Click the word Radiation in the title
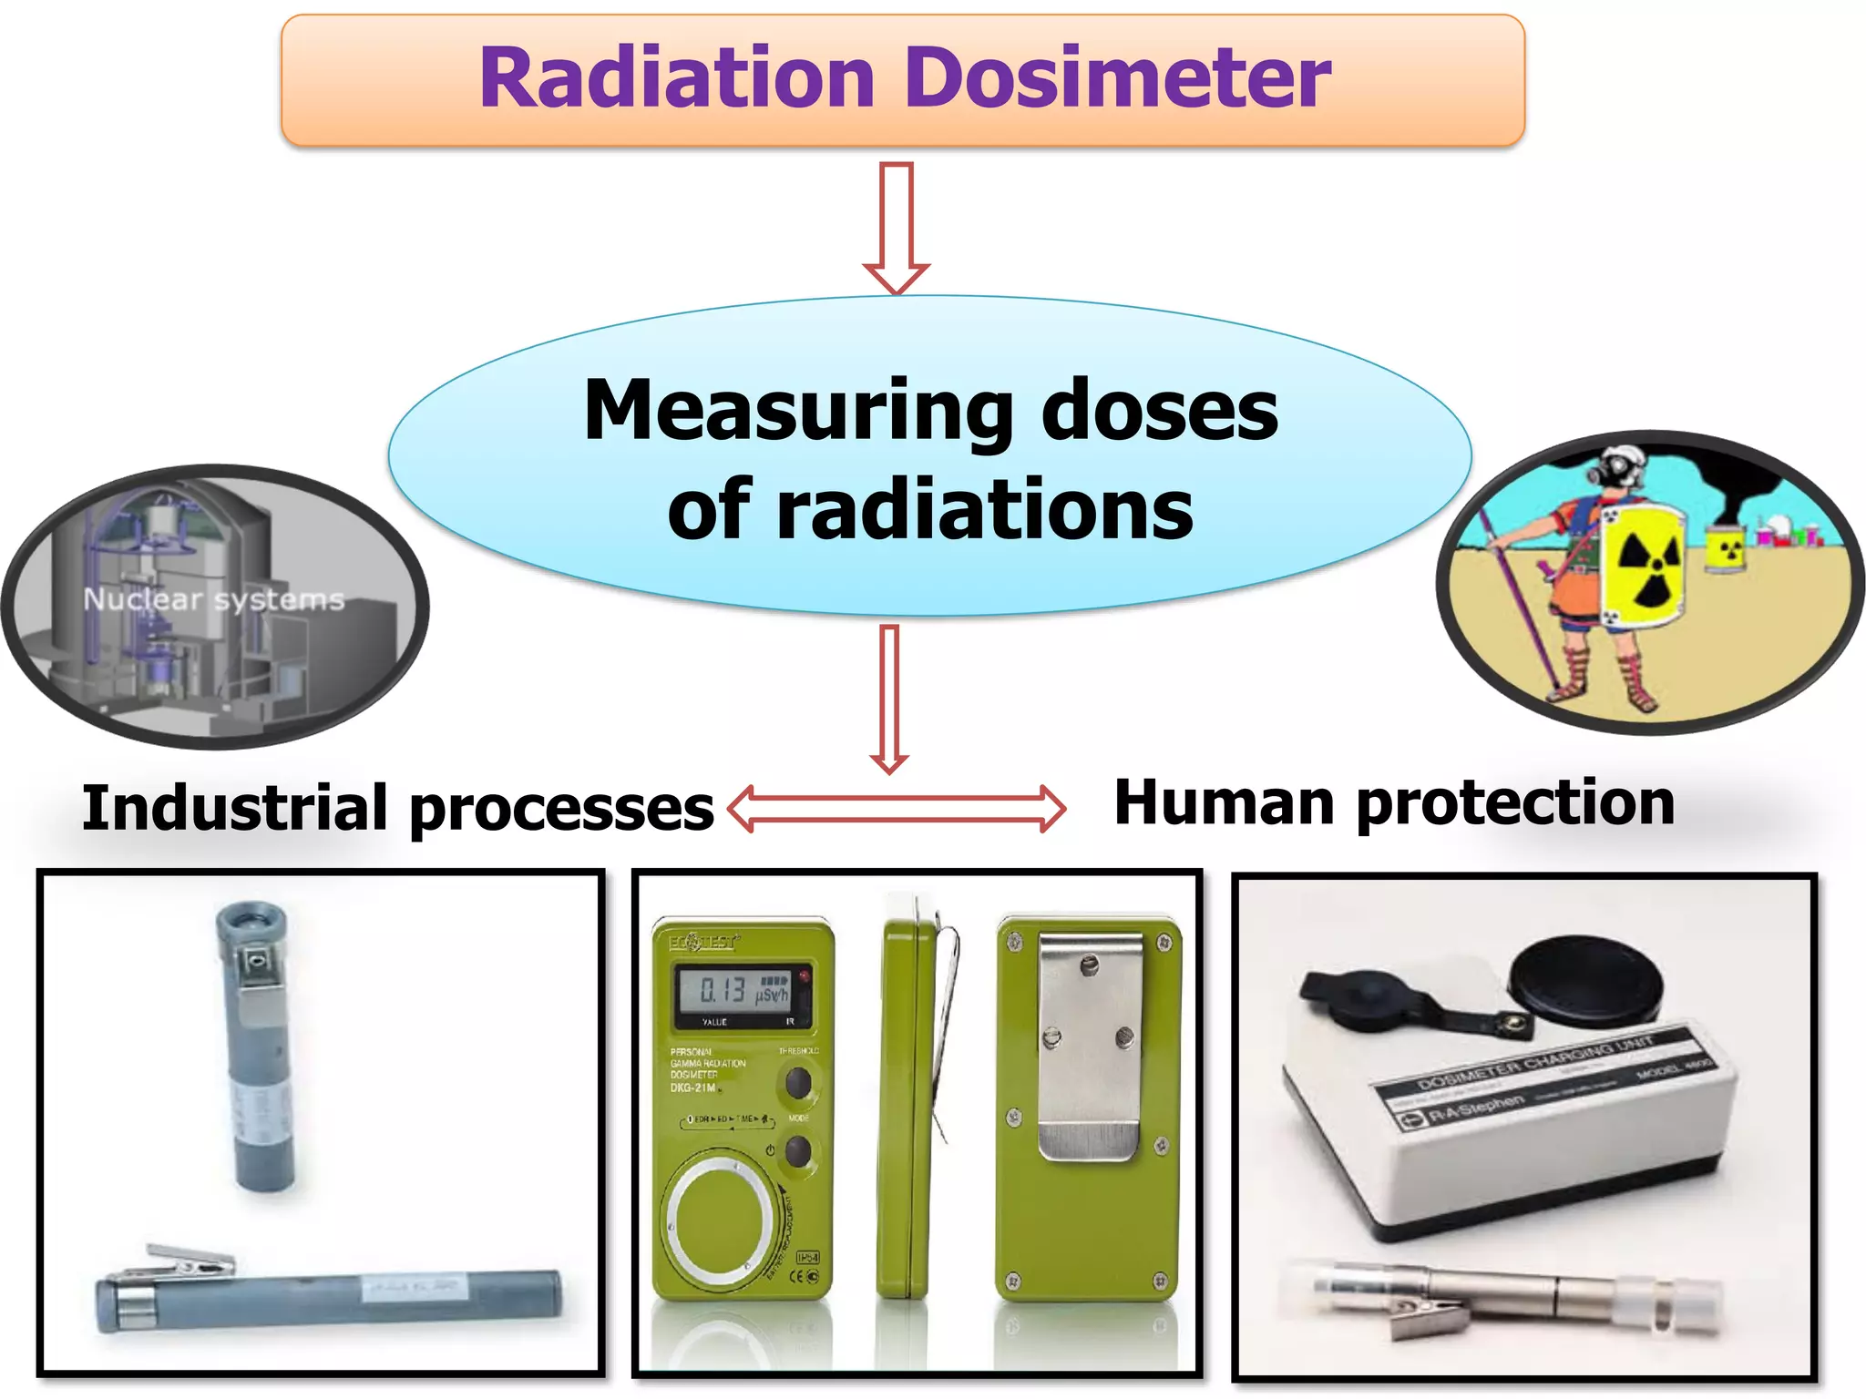pyautogui.click(x=676, y=78)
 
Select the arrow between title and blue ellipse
pyautogui.click(x=897, y=228)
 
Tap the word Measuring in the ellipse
pyautogui.click(x=798, y=412)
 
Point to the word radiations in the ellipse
pyautogui.click(x=984, y=510)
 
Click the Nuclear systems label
pyautogui.click(x=214, y=599)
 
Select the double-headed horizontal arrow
pyautogui.click(x=897, y=808)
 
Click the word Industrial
pyautogui.click(x=235, y=808)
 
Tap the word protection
pyautogui.click(x=1514, y=803)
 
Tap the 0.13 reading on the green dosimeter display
pyautogui.click(x=722, y=990)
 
